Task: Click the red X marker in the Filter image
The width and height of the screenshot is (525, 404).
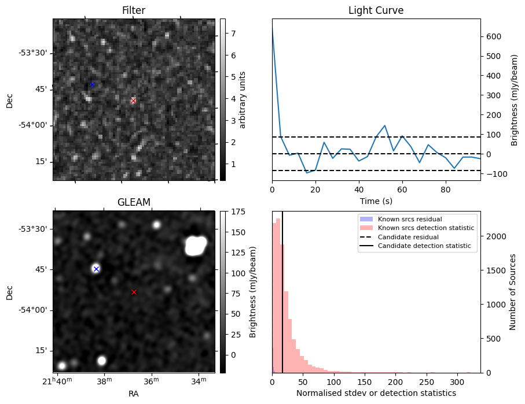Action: (x=133, y=101)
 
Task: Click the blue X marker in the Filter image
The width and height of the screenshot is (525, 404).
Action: (x=91, y=85)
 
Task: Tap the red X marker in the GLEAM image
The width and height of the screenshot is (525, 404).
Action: (x=134, y=292)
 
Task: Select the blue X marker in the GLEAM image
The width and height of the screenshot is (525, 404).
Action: (x=96, y=269)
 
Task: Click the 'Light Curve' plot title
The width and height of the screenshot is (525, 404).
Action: (x=376, y=10)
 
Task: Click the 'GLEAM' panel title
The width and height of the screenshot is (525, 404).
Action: (x=134, y=202)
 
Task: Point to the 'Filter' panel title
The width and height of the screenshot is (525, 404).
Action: (x=134, y=10)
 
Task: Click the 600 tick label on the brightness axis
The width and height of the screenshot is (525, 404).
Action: (x=494, y=36)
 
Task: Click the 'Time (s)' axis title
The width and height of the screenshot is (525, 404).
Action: (x=376, y=201)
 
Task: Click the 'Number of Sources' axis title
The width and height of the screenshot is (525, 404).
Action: (x=512, y=292)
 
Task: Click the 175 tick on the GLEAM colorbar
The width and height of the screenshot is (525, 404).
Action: (x=238, y=212)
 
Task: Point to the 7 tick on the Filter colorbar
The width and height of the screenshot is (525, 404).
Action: (x=233, y=34)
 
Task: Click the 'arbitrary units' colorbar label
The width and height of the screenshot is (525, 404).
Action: (x=243, y=99)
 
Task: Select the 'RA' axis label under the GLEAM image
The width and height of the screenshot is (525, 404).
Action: (x=134, y=394)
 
